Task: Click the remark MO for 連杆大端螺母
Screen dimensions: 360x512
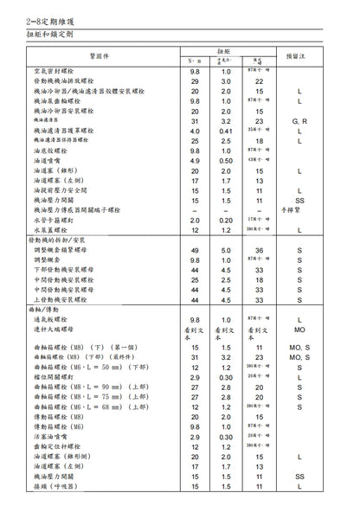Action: coord(299,330)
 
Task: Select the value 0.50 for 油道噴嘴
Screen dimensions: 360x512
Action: coord(227,160)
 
